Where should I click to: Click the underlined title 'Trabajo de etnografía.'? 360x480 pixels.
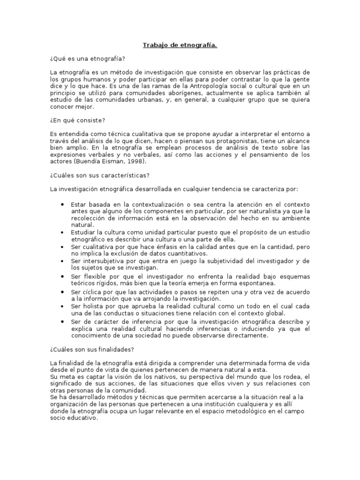point(180,45)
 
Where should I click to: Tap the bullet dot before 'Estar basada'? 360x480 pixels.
point(62,205)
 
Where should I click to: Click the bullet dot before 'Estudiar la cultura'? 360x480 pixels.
point(62,232)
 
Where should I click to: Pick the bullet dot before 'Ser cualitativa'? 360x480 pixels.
point(62,247)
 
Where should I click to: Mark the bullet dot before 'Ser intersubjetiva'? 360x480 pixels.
point(62,260)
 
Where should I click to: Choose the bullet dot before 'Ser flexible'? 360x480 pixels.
point(62,277)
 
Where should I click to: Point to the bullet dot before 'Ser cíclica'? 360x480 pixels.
point(62,292)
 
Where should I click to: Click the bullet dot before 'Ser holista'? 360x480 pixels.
point(62,306)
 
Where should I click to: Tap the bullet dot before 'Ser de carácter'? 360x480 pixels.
point(62,322)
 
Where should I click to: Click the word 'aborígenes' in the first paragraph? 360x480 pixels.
point(186,93)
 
